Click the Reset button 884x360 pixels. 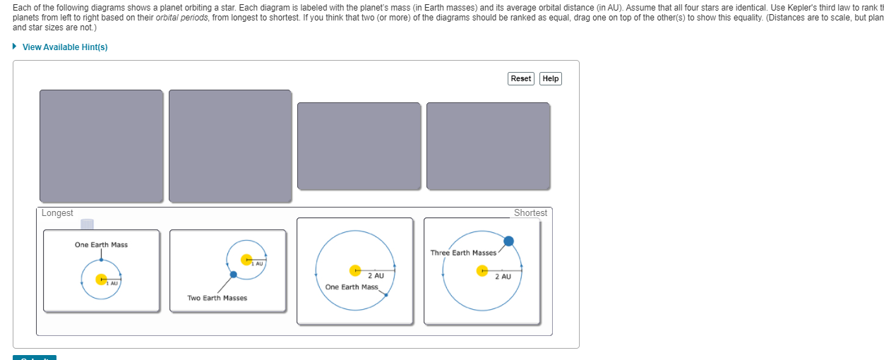coord(520,78)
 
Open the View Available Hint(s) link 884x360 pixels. coord(65,47)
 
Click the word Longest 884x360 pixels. coord(57,213)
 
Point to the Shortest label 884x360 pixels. coord(530,213)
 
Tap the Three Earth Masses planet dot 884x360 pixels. coord(508,241)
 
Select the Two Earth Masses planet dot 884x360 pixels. coord(233,274)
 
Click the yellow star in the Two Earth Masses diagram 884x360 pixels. coord(246,260)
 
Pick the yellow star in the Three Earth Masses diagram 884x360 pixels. coord(482,270)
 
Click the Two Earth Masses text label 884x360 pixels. coord(217,298)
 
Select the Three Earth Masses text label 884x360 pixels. coord(463,253)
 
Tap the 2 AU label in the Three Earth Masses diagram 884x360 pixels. coord(503,277)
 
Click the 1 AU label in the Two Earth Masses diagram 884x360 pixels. coord(257,264)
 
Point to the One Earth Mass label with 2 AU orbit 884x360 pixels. coord(352,287)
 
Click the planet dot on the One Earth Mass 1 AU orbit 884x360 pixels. coord(101,260)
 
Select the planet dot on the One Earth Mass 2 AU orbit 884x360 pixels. coord(386,294)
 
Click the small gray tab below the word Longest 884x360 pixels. coord(87,224)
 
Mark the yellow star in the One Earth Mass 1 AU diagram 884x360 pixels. coord(102,280)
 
